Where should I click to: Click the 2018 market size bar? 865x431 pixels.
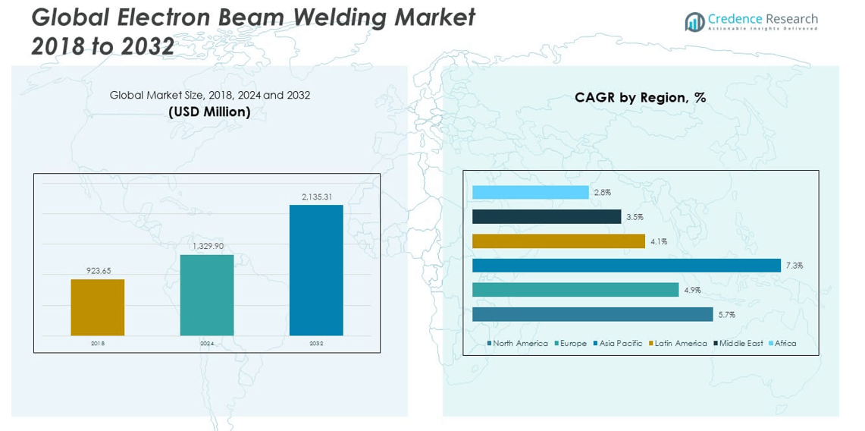(98, 307)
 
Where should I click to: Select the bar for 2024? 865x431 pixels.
(207, 295)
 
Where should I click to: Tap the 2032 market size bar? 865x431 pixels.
(316, 270)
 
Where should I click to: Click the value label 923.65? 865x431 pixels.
(98, 271)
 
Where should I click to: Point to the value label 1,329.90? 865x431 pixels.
(207, 246)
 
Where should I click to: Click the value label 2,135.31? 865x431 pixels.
(316, 197)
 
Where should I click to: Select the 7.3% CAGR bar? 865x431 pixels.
(626, 266)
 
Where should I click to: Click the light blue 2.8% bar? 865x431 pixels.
(530, 193)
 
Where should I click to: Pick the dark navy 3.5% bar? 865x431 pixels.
(547, 217)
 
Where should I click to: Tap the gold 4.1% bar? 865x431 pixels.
(559, 241)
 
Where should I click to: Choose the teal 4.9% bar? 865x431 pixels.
(575, 290)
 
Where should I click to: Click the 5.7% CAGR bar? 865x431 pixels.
(593, 314)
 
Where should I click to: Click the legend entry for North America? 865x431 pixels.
(519, 344)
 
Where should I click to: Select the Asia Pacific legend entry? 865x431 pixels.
(620, 344)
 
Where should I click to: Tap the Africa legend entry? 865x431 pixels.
(785, 344)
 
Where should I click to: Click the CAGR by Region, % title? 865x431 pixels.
(640, 97)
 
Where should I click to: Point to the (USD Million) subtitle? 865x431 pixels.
(209, 112)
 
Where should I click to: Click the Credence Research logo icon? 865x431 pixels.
(694, 22)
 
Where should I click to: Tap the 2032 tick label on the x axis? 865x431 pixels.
(316, 344)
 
